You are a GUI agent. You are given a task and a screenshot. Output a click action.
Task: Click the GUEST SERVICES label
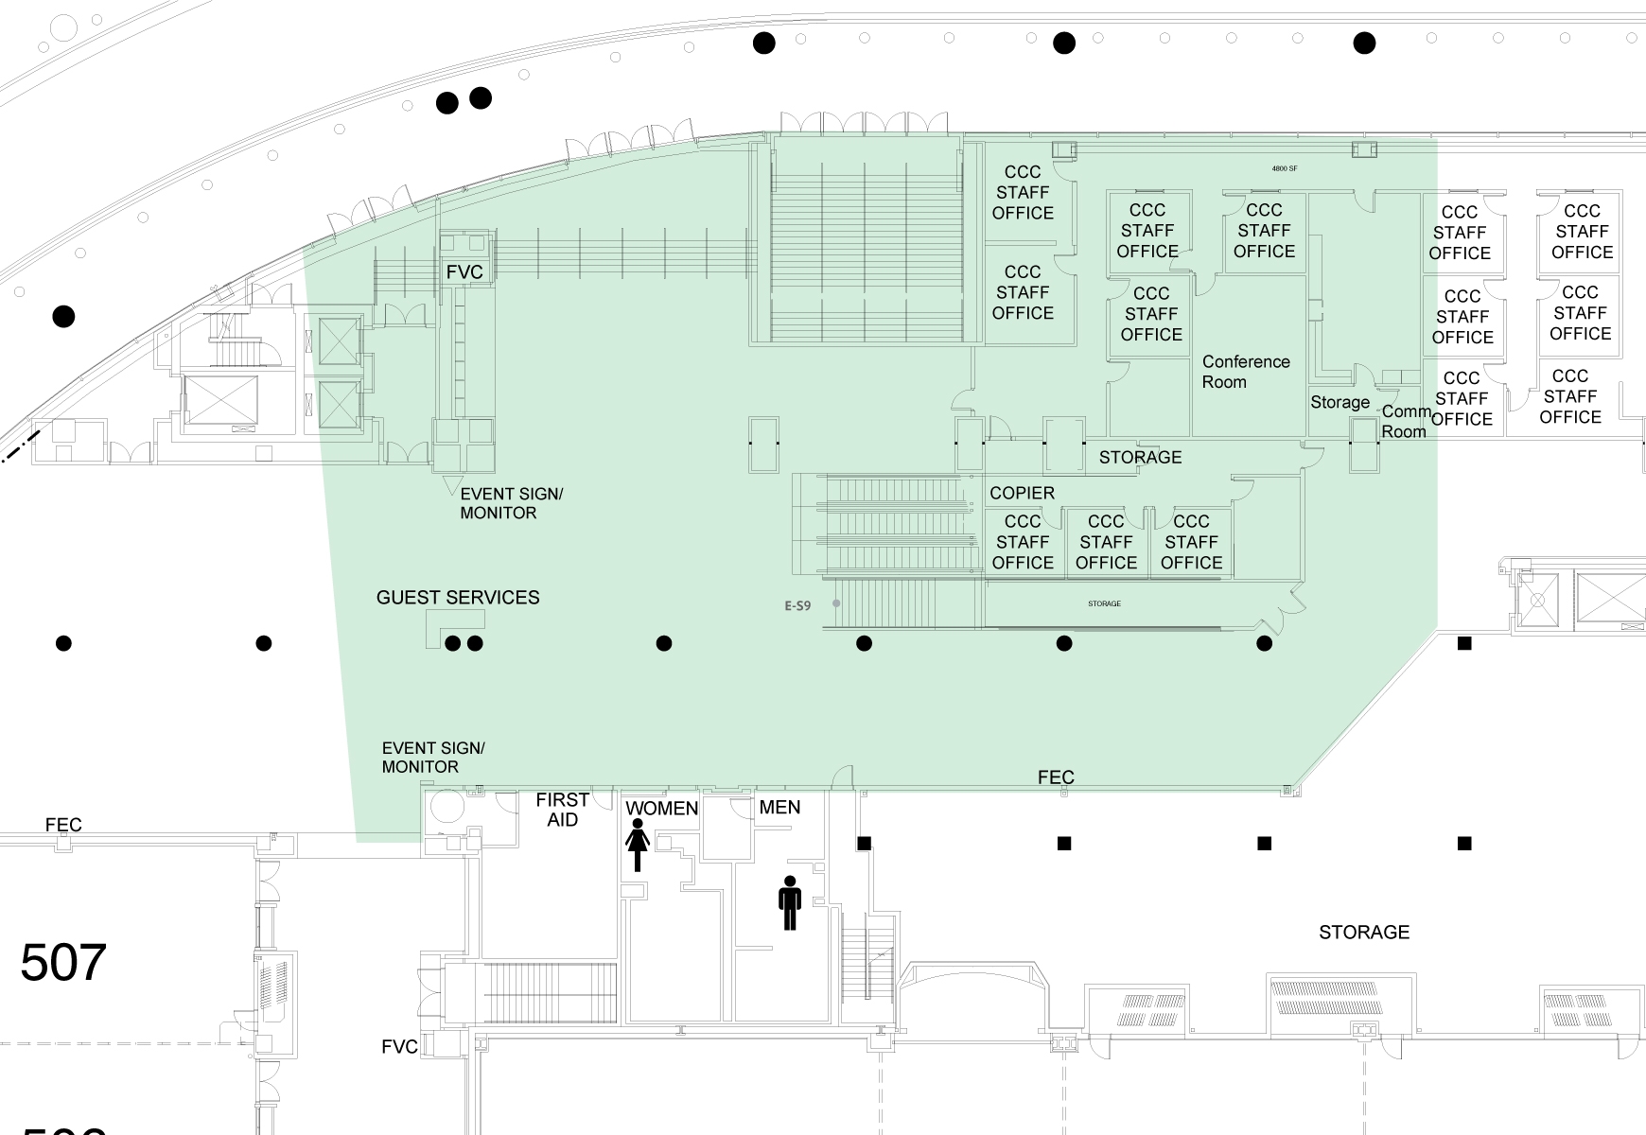click(458, 598)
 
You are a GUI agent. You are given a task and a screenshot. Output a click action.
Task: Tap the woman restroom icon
click(638, 845)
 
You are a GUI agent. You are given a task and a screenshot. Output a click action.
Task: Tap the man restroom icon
click(790, 902)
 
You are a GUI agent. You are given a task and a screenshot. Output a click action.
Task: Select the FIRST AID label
click(562, 810)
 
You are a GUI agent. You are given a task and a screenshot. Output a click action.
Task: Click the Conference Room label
click(1245, 372)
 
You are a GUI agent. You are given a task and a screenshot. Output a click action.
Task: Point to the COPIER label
click(1022, 493)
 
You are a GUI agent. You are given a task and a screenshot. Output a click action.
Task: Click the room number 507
click(62, 963)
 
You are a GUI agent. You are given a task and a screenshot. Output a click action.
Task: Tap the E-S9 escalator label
click(797, 605)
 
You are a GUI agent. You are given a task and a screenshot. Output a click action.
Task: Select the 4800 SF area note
click(1284, 168)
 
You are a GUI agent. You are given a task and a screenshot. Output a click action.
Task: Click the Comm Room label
click(1405, 422)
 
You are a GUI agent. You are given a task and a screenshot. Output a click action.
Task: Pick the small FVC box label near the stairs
click(464, 272)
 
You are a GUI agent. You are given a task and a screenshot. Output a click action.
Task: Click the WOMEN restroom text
click(662, 809)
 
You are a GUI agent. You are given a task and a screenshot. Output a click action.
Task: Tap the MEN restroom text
click(779, 807)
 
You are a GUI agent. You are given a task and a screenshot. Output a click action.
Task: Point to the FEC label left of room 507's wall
click(63, 825)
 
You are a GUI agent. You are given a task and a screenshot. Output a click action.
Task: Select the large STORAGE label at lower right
click(1364, 933)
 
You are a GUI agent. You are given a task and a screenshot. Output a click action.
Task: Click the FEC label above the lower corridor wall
click(1056, 777)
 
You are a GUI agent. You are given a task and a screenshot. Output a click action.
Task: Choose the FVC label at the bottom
click(399, 1047)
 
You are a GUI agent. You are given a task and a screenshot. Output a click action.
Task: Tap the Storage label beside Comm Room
click(1340, 402)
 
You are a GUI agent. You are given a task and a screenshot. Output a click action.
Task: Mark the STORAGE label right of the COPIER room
click(1140, 457)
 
